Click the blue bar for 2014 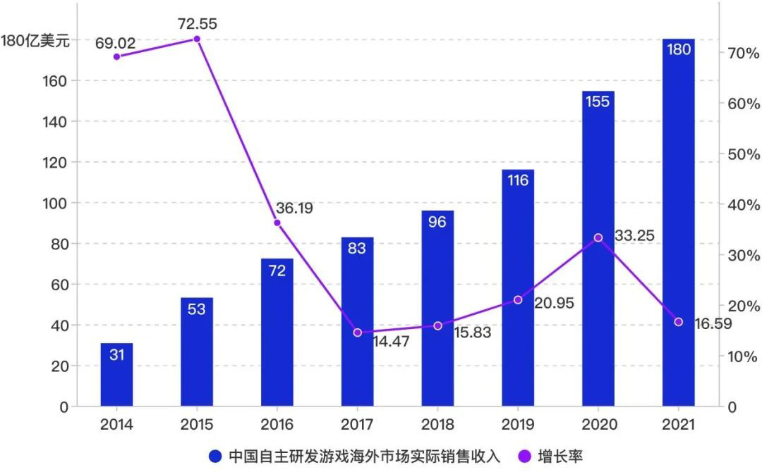click(116, 375)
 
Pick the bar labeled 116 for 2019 click(517, 288)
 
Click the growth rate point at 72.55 click(197, 39)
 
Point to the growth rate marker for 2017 click(357, 333)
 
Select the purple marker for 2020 click(598, 237)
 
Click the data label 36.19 click(295, 209)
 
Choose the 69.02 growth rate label click(116, 44)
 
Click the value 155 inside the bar click(598, 101)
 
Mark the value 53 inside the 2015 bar click(197, 309)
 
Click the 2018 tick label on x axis click(437, 425)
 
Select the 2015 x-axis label click(197, 425)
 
